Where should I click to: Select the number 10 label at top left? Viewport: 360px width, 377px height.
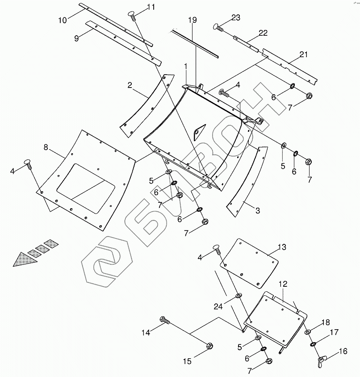pos(62,20)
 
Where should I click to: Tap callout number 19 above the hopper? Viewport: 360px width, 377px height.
pos(192,21)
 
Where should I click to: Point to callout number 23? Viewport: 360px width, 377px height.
pos(235,18)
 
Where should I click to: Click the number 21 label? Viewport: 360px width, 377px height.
pos(304,54)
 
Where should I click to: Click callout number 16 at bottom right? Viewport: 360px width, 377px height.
pos(343,351)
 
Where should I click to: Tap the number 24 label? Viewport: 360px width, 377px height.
pos(218,306)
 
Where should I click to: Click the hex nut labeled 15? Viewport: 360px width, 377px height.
pos(210,345)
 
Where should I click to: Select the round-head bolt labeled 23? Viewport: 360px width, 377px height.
pos(217,27)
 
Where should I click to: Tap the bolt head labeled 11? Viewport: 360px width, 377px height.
pos(133,14)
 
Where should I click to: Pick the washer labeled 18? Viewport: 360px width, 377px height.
pos(308,332)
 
